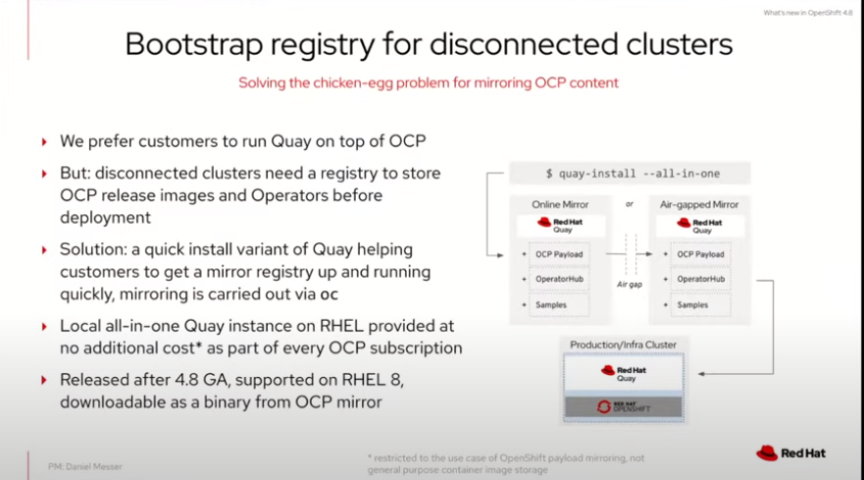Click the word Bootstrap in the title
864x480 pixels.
click(x=194, y=45)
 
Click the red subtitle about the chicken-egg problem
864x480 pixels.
click(x=429, y=82)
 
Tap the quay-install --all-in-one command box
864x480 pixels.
click(x=630, y=173)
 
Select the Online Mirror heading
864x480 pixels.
click(x=560, y=204)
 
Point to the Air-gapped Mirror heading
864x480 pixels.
click(x=698, y=204)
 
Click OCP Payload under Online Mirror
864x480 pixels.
click(x=559, y=254)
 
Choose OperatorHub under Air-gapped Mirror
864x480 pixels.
click(x=700, y=279)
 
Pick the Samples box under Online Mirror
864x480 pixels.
click(x=559, y=304)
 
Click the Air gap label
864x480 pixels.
click(x=630, y=284)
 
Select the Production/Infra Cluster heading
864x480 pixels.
click(x=623, y=345)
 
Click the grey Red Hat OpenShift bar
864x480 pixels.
click(x=623, y=407)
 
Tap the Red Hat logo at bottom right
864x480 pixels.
click(x=790, y=453)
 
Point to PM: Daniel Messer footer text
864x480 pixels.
click(x=85, y=467)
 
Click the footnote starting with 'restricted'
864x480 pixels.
click(x=506, y=464)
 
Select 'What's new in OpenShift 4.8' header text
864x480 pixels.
click(x=808, y=13)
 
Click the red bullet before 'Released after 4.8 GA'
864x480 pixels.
click(x=44, y=380)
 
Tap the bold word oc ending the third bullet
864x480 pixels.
click(x=329, y=294)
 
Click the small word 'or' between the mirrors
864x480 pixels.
click(x=630, y=204)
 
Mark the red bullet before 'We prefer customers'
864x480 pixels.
click(x=44, y=141)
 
